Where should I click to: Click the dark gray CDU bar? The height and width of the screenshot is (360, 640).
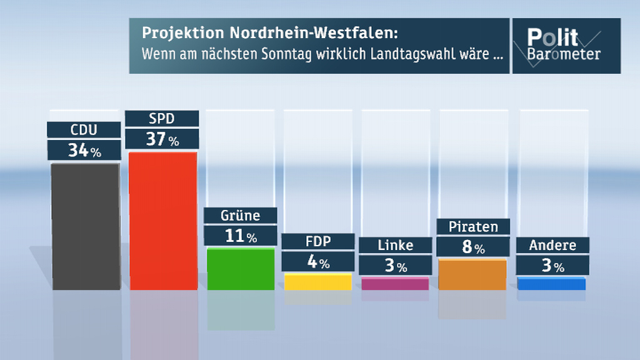(86, 226)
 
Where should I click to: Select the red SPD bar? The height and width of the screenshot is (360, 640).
(163, 221)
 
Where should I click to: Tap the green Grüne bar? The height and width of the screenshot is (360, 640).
(241, 269)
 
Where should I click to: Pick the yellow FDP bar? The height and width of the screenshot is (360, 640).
(318, 281)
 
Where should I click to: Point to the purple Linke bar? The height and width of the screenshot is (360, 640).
(395, 284)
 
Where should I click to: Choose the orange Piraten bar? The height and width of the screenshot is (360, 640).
(472, 274)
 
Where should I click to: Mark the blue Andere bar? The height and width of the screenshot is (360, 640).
(551, 284)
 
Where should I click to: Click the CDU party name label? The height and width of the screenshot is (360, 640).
(84, 130)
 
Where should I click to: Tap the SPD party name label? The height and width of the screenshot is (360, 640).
(162, 118)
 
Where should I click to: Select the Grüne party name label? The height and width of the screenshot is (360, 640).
(240, 216)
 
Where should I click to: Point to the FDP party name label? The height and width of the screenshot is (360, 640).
(317, 242)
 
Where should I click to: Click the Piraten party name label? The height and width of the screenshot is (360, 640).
(473, 226)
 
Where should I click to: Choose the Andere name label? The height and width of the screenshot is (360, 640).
(552, 246)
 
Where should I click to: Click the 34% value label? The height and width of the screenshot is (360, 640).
(84, 151)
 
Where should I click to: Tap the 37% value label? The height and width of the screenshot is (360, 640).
(162, 139)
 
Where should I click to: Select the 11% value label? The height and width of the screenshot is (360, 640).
(240, 236)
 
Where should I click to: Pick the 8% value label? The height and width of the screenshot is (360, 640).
(473, 247)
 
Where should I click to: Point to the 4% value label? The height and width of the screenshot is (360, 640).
(317, 262)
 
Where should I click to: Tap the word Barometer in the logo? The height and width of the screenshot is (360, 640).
(564, 54)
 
